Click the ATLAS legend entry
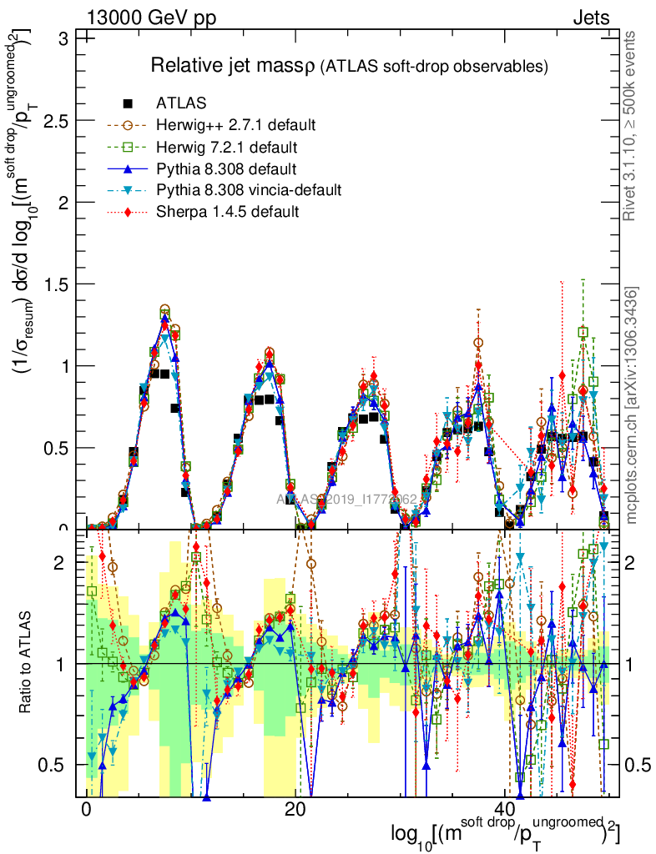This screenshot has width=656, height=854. coord(181,103)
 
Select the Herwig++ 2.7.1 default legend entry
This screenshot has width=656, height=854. coord(235,125)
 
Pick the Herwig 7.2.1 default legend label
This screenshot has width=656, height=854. coord(228,147)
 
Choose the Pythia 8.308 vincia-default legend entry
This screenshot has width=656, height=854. coord(249,190)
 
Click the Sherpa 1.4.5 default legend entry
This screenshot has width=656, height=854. coord(227,212)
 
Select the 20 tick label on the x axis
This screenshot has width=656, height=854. coord(295,810)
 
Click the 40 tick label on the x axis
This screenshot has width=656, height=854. coord(503,810)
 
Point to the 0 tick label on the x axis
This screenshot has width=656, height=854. coord(86,810)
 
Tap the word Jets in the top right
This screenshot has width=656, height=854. coord(590,18)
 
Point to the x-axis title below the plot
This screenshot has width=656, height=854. coord(505,833)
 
